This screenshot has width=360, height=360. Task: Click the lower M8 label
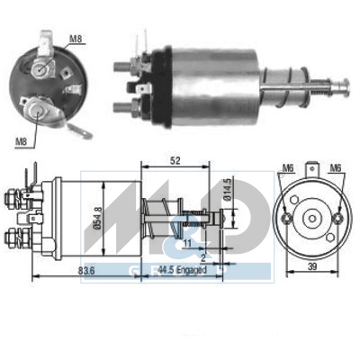coord(19,140)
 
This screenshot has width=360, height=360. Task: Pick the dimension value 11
coord(187,243)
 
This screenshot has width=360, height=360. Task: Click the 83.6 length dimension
coord(86,269)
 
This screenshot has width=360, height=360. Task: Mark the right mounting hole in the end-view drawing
coord(337,218)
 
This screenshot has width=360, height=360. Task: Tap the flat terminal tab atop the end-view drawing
coord(312,167)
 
